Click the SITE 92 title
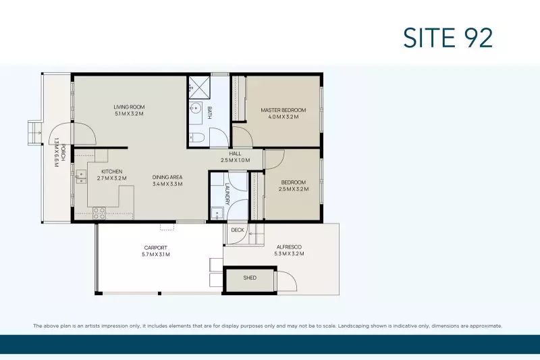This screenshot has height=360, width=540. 448,38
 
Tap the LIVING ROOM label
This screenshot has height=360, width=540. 129,107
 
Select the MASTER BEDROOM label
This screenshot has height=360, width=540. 283,110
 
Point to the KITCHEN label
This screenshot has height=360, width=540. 111,172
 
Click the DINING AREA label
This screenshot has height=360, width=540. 167,177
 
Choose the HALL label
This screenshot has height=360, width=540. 235,154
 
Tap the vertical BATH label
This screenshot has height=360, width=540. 210,113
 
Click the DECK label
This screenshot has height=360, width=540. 237,230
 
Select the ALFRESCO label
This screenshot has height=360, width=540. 288,247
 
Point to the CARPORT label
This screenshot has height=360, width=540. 155,248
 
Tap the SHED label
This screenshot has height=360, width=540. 250,278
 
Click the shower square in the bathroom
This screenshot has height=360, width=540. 198,85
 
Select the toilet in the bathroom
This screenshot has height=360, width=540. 197,138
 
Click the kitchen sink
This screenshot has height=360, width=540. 81,176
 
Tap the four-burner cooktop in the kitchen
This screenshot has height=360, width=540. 99,212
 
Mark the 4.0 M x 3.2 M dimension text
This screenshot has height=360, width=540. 283,117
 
